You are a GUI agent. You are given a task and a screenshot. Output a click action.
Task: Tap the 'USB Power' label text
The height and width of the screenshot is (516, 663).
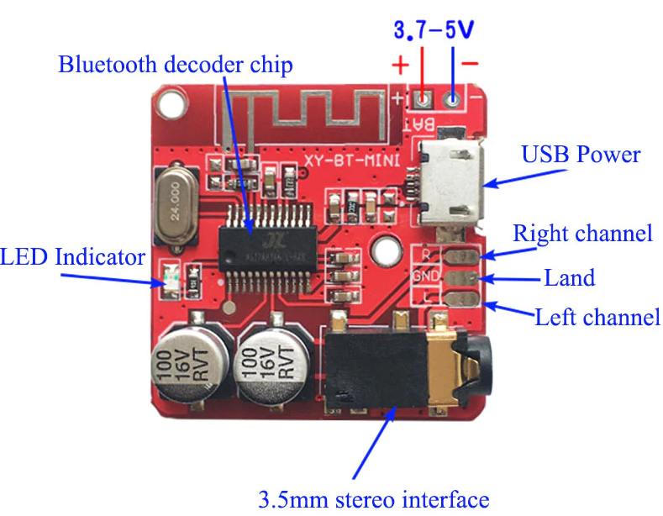(581, 155)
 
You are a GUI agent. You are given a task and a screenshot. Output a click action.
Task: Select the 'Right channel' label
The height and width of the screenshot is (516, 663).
(582, 233)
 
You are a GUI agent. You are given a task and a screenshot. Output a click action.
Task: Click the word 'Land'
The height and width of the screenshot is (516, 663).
(570, 277)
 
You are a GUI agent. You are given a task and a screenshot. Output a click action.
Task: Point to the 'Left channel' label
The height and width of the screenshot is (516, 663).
(597, 318)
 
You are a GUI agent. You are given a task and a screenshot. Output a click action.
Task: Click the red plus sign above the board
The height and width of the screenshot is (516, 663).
(402, 64)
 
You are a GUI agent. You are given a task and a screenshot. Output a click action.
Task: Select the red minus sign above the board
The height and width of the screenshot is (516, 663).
(471, 63)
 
